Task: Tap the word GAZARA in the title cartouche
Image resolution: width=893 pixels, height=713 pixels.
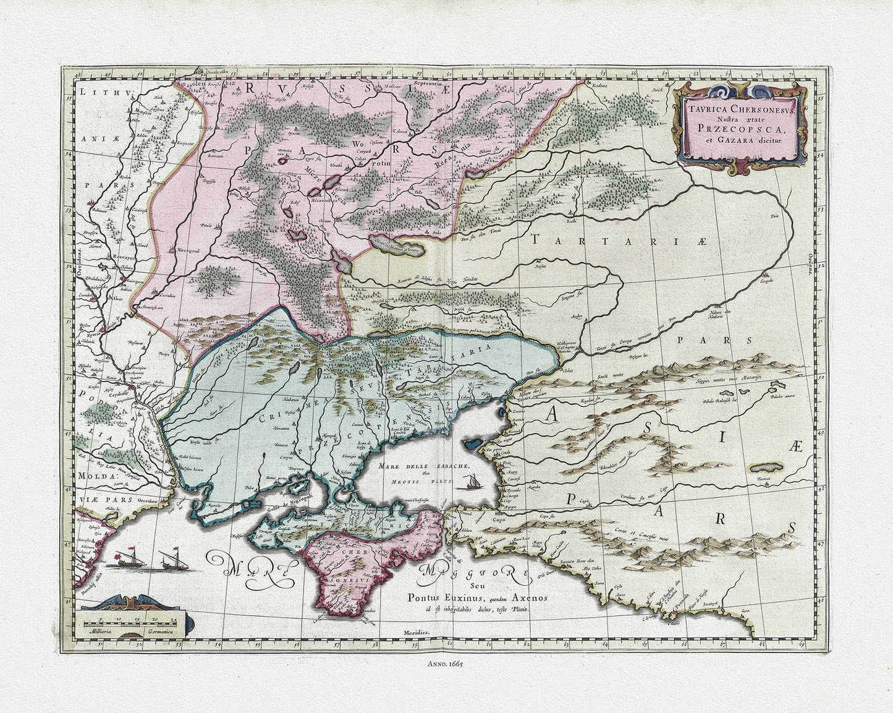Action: [x=744, y=140]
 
